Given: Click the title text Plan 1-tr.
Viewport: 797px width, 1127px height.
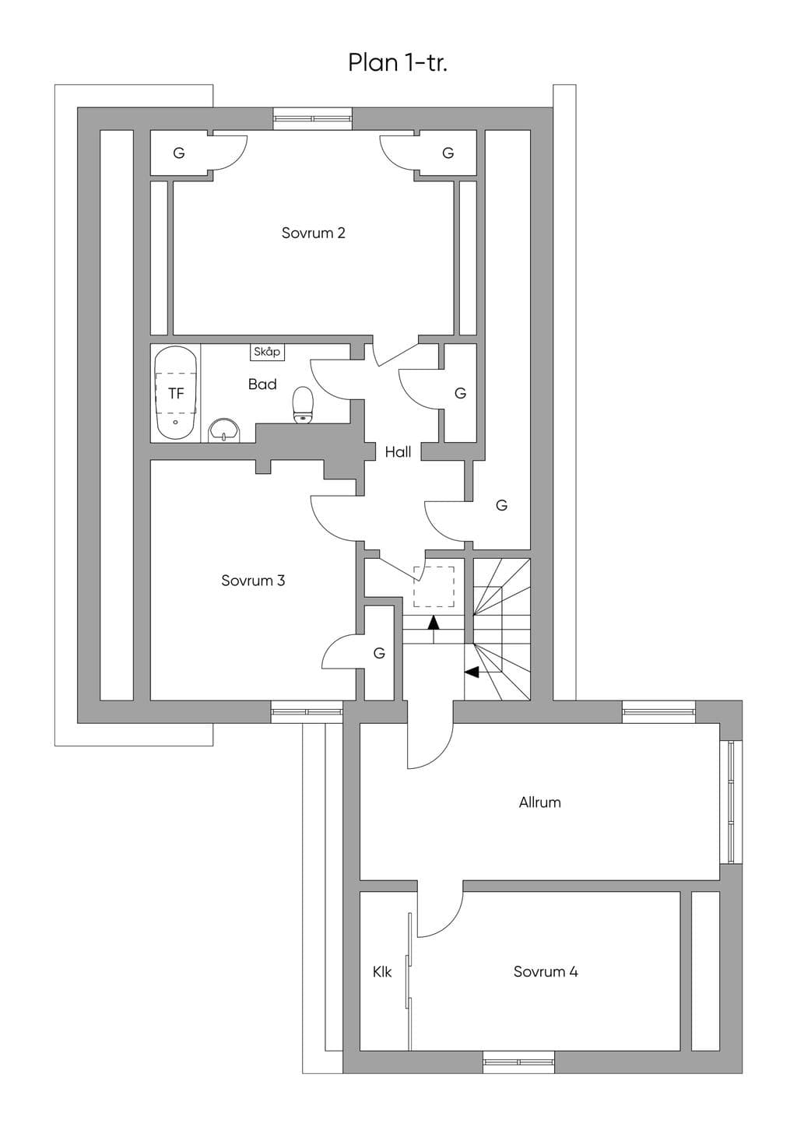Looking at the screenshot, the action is pos(398,63).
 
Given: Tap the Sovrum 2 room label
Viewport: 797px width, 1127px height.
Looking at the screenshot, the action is pos(314,233).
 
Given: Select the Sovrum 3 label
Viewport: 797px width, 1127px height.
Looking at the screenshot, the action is pos(253,581).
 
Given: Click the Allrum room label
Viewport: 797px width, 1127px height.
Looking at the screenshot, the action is pos(540,802).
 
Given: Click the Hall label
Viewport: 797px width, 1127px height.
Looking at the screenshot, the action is pos(398,451).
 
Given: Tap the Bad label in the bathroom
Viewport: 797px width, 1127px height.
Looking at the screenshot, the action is pos(262,384).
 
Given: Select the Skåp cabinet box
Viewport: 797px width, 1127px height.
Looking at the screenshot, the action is pos(267,352).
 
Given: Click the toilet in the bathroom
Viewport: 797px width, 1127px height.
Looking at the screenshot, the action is pos(303,405).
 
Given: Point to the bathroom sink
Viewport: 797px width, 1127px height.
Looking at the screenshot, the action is pos(224,430).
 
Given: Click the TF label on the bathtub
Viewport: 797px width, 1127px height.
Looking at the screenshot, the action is pos(176,394).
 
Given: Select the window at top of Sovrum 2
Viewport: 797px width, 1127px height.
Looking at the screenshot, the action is pos(312,119).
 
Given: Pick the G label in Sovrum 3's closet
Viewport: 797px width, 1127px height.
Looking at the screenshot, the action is pos(379,653).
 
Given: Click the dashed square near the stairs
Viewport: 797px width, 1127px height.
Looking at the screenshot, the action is pos(434,587).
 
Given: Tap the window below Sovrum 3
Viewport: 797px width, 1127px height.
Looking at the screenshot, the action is pos(307,712).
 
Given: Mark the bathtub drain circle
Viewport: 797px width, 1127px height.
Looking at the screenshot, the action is pos(175,422).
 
